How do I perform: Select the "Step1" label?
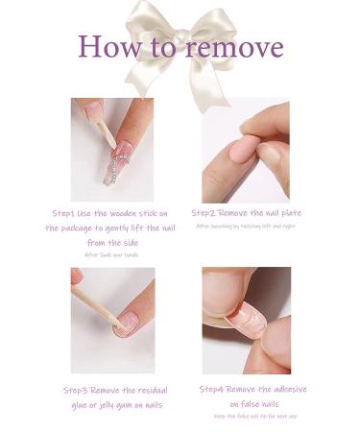(65, 212)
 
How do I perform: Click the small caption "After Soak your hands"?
(111, 255)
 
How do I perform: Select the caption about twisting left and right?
(245, 227)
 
